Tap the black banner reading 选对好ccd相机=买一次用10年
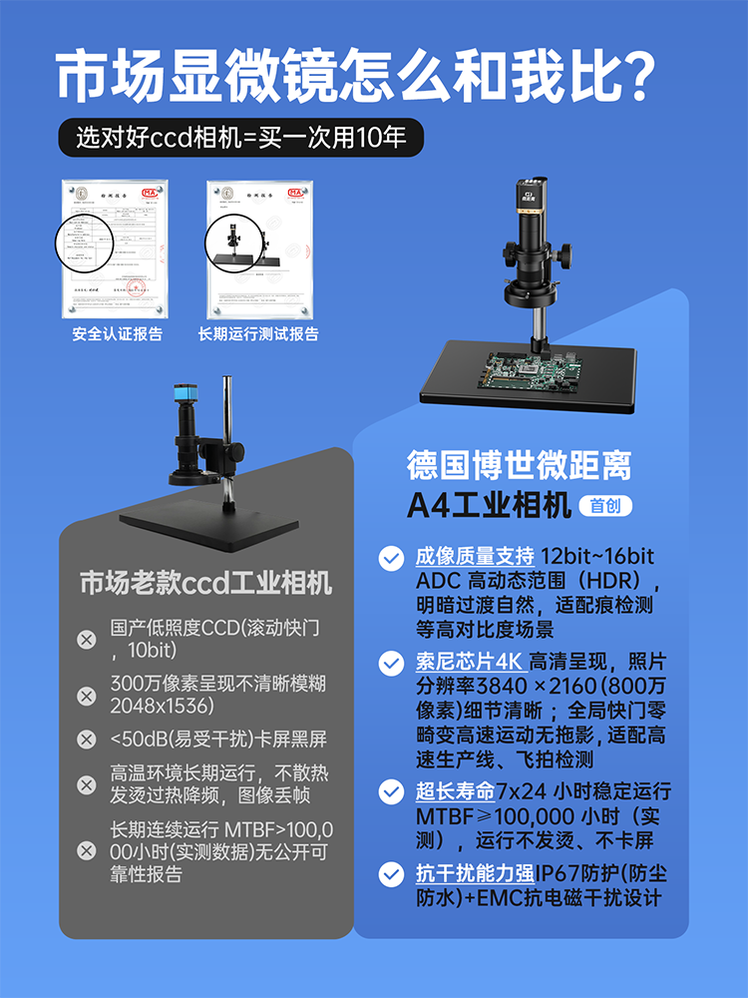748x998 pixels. [240, 137]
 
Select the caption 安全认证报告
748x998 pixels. [118, 334]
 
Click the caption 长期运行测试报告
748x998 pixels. [259, 334]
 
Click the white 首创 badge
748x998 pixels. [605, 506]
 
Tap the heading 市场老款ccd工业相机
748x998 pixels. [206, 583]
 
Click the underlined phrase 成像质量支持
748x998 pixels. [474, 557]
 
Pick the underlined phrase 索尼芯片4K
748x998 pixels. [470, 662]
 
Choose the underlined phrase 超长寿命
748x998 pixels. [456, 792]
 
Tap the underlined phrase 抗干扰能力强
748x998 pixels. [474, 874]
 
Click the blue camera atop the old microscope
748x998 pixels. [186, 396]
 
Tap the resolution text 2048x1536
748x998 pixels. [164, 706]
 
